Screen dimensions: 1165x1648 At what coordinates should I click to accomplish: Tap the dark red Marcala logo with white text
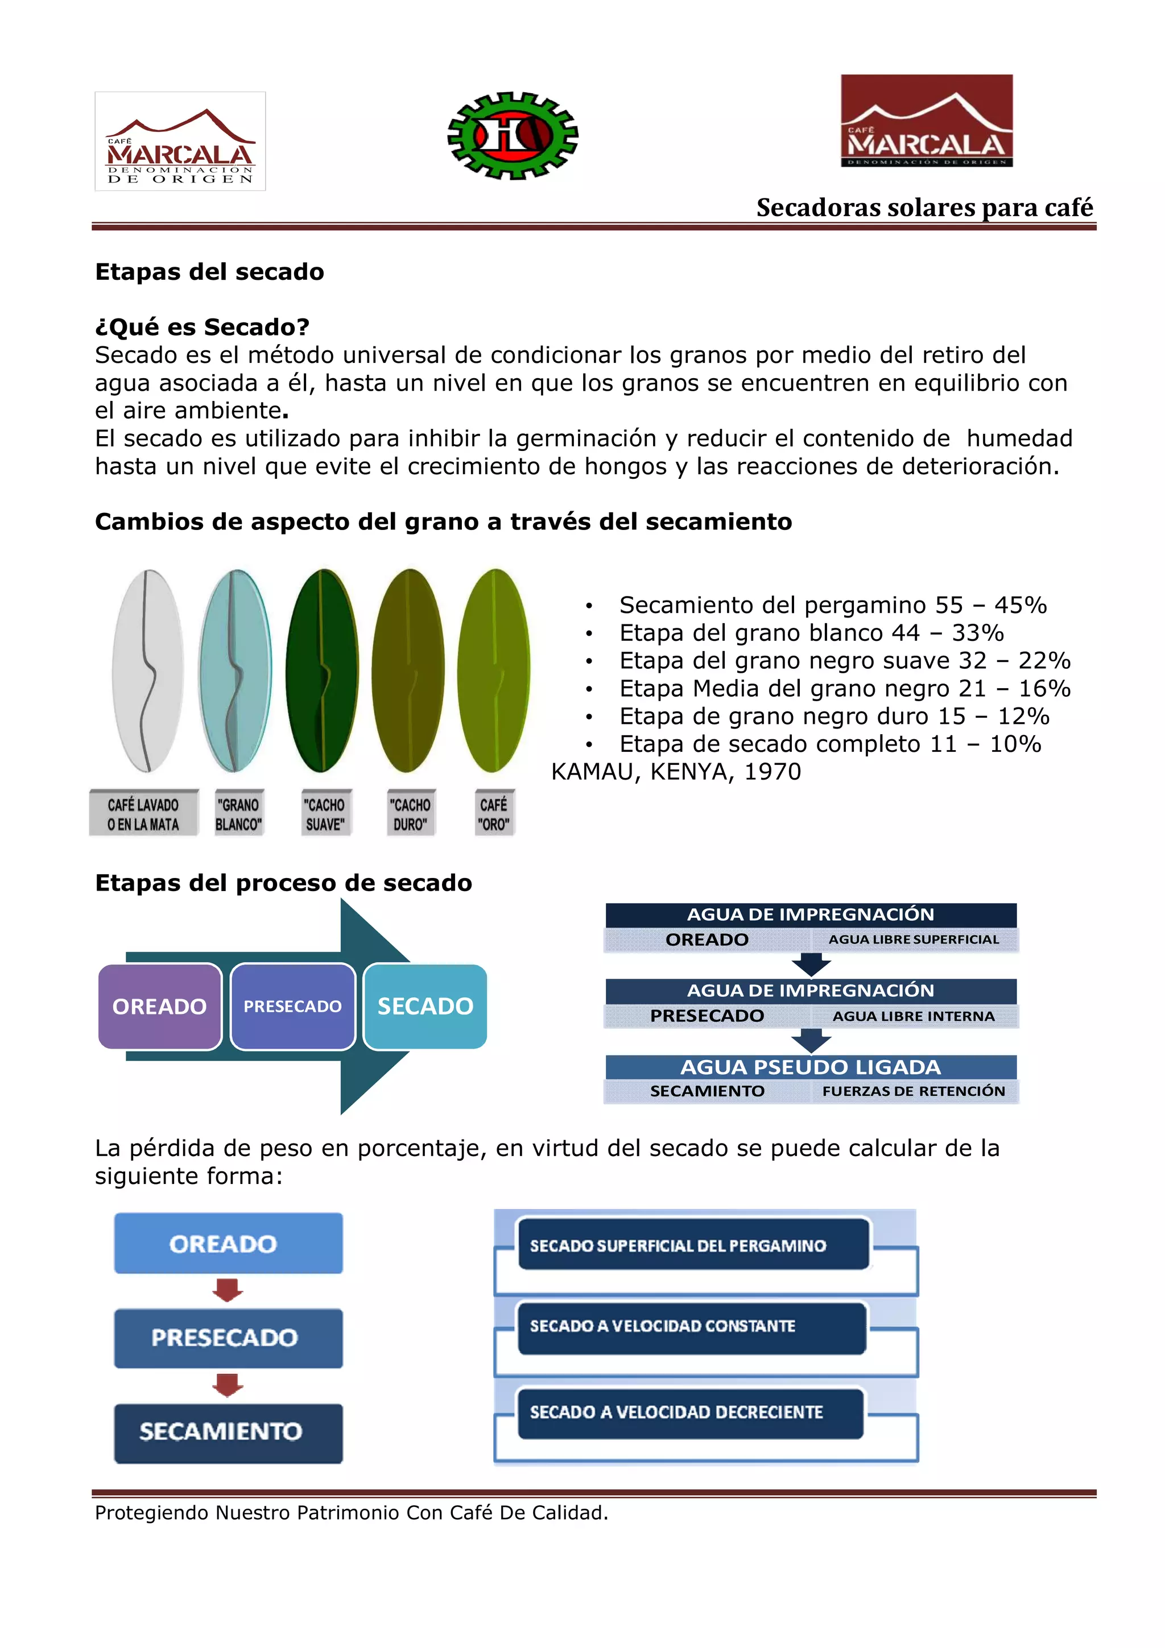click(926, 121)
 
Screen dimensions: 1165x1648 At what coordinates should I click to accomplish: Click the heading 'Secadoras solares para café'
click(924, 208)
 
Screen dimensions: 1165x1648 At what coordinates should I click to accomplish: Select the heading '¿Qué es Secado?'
click(202, 328)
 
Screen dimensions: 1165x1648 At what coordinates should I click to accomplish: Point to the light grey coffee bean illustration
click(147, 670)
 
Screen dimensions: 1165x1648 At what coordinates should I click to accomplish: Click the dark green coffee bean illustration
click(321, 670)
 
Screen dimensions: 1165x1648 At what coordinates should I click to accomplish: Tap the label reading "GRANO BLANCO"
click(238, 814)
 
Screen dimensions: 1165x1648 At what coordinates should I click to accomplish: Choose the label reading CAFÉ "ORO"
click(494, 814)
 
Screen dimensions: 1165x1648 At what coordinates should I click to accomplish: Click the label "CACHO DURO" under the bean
click(410, 814)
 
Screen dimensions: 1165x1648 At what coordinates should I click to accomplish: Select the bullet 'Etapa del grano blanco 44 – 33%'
click(811, 632)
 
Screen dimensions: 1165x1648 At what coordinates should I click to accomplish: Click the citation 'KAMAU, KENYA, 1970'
click(675, 772)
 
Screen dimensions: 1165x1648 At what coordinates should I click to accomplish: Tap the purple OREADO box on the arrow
click(159, 1007)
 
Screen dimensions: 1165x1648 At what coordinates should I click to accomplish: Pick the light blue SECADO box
click(425, 1007)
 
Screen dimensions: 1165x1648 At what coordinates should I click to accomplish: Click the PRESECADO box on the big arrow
click(292, 1007)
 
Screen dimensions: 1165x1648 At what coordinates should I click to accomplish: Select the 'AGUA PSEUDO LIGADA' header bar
click(811, 1067)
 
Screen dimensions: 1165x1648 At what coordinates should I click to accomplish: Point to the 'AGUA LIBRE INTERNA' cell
click(913, 1016)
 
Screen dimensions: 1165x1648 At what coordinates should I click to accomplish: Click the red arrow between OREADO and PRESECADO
click(228, 1290)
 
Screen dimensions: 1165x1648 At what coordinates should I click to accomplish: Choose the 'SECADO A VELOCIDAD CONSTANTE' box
click(691, 1327)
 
